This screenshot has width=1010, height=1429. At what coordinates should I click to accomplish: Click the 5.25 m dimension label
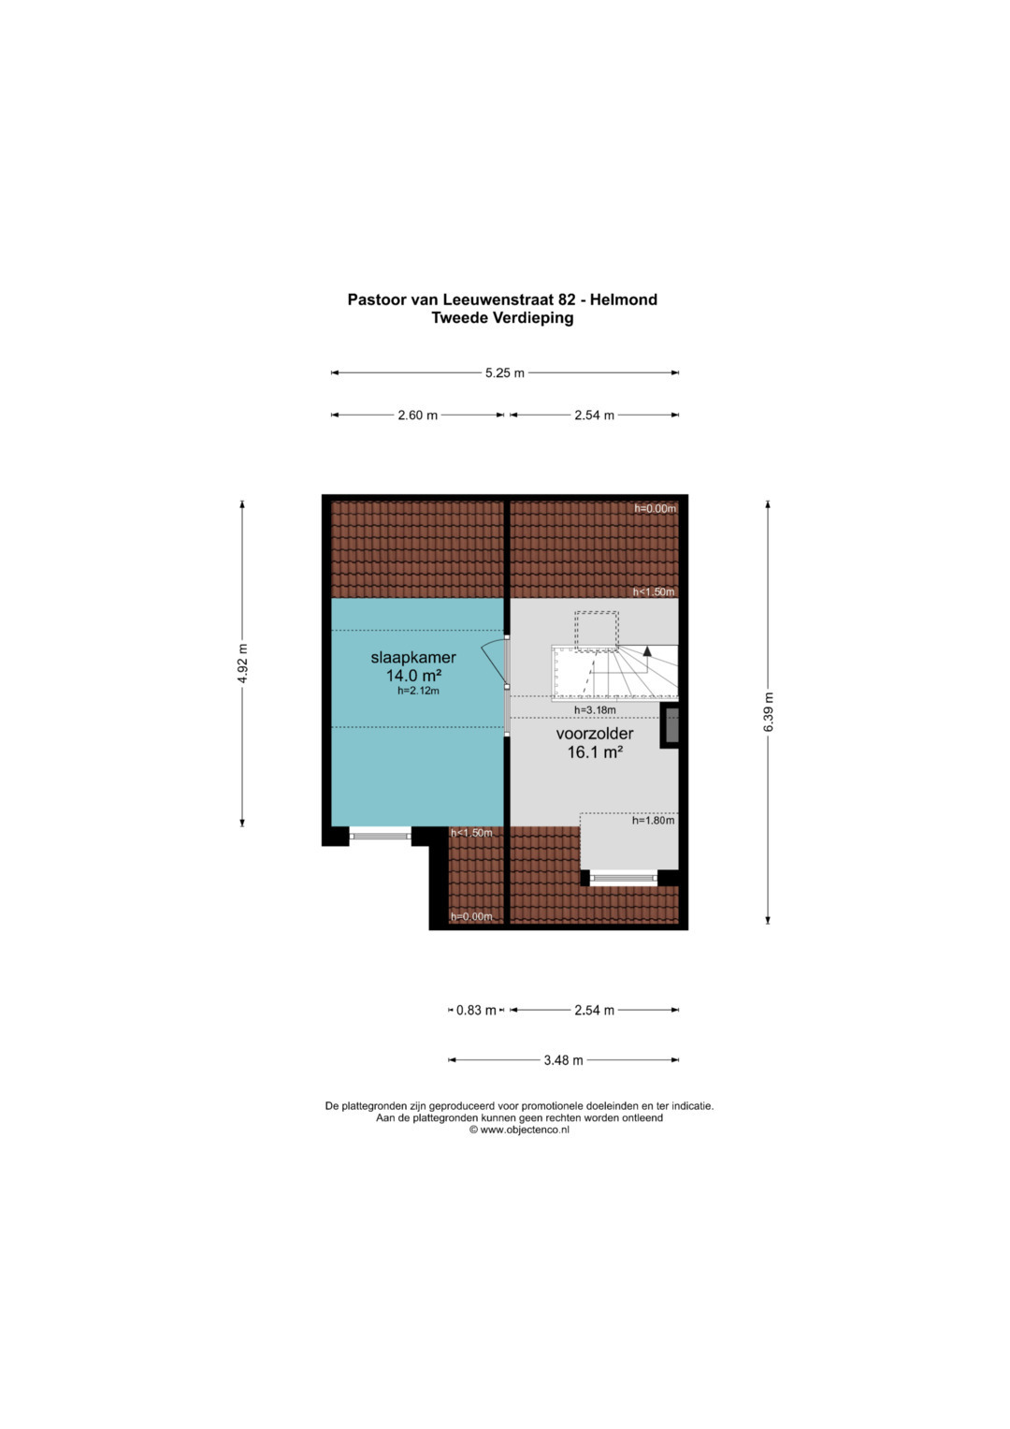point(504,373)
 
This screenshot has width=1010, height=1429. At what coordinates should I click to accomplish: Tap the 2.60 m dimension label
point(418,416)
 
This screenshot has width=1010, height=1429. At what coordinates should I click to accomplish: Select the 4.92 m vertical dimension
point(242,663)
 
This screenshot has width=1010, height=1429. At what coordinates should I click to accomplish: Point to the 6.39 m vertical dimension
point(769,712)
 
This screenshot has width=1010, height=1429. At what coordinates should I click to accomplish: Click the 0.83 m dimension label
point(476,1011)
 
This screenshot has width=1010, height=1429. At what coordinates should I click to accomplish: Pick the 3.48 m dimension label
point(563,1060)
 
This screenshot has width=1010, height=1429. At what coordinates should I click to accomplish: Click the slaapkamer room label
point(413,657)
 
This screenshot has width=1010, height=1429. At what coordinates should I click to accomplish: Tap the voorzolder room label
point(594,734)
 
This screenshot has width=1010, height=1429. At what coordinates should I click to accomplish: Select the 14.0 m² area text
point(413,675)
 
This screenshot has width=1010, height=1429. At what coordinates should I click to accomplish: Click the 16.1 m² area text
point(595,752)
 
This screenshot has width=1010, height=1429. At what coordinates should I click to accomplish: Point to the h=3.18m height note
point(595,710)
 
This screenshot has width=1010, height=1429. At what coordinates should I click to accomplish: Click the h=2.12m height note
point(418,691)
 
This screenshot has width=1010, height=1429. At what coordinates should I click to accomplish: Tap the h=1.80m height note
point(653,821)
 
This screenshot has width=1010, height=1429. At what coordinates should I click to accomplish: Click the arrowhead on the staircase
point(647,651)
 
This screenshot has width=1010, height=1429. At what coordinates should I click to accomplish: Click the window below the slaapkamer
point(380,835)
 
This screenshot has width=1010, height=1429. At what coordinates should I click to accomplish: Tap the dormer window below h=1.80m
point(623,879)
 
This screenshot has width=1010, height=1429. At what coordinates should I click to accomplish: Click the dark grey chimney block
point(669,725)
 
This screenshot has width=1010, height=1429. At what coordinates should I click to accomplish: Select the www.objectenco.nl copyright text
point(519,1130)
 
